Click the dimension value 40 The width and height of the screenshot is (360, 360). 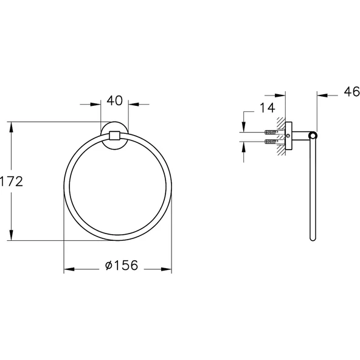point(114,101)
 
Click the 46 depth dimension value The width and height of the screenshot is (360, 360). point(349,92)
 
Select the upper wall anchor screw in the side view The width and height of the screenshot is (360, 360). point(271,132)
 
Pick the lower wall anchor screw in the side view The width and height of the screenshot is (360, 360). point(271,142)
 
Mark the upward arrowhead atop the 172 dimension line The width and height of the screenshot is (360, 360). point(12,126)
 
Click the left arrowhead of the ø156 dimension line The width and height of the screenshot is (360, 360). point(68,268)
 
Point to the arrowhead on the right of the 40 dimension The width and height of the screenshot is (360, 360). point(132,104)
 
